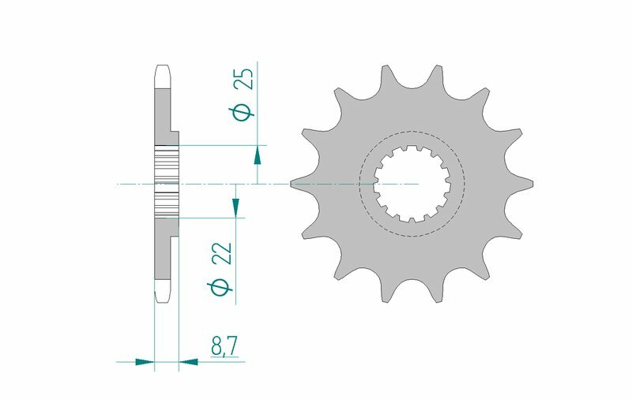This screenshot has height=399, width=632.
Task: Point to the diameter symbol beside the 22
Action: (224, 288)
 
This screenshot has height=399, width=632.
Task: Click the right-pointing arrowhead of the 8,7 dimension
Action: (144, 363)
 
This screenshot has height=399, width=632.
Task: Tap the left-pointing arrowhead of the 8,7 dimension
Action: (190, 363)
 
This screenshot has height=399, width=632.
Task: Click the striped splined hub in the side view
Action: (167, 183)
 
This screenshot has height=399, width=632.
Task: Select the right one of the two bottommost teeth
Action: (437, 294)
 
